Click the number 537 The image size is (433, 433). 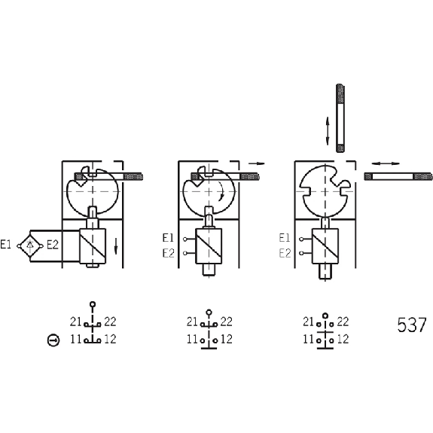412,325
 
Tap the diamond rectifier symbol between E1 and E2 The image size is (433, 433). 30,245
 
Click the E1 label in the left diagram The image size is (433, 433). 6,245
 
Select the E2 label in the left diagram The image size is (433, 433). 53,245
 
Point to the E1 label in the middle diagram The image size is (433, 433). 168,238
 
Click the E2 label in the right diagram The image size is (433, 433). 285,253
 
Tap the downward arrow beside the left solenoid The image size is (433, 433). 116,246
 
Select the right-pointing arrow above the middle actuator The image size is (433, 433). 256,163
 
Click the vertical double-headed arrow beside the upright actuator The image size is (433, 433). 328,131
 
